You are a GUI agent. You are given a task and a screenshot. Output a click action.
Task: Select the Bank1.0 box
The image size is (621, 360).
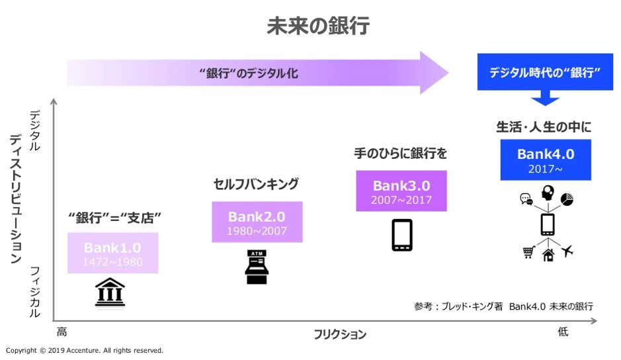click(112, 253)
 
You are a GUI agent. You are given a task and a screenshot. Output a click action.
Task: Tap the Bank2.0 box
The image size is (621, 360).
click(257, 222)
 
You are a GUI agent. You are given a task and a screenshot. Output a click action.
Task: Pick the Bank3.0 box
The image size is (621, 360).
click(401, 191)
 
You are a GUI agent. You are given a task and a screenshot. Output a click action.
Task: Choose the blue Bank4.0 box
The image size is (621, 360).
click(546, 159)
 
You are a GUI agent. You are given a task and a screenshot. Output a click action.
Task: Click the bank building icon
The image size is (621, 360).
click(110, 292)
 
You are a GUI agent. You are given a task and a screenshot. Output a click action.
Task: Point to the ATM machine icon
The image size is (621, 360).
click(257, 267)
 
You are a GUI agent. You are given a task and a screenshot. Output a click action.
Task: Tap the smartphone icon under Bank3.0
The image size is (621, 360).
click(402, 235)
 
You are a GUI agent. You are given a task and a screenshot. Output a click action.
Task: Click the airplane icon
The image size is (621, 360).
click(566, 251)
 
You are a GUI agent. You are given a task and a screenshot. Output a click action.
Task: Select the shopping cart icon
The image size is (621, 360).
click(528, 251)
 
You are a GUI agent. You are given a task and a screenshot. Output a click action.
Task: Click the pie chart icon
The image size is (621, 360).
click(567, 199)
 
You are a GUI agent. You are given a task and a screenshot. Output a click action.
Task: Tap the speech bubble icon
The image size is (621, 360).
click(526, 199)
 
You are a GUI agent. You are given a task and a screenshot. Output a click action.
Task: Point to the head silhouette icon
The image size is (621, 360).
click(548, 193)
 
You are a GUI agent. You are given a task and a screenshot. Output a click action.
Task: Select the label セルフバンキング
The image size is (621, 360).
click(256, 183)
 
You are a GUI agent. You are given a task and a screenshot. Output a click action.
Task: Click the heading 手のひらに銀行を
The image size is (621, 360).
click(401, 154)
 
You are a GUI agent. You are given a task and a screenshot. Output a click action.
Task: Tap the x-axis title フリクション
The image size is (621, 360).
click(340, 334)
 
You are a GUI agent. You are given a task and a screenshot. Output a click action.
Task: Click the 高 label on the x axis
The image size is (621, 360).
click(62, 332)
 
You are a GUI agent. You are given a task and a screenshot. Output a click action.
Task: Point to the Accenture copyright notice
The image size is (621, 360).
click(84, 350)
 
